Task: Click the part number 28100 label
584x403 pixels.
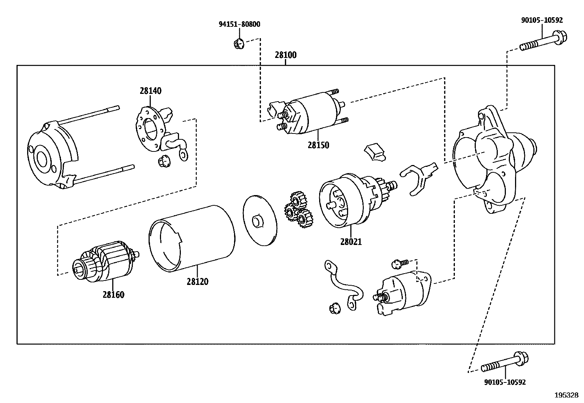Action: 285,55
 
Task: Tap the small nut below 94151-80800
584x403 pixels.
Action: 238,44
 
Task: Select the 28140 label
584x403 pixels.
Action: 150,91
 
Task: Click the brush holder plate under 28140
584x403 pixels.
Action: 150,128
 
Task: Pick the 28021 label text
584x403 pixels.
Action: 351,242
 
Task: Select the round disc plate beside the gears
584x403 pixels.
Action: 259,220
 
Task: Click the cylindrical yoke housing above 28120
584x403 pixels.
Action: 193,238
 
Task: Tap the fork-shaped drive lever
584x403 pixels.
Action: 418,176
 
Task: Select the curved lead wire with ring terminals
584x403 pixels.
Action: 343,284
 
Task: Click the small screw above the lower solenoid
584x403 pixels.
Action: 399,263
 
